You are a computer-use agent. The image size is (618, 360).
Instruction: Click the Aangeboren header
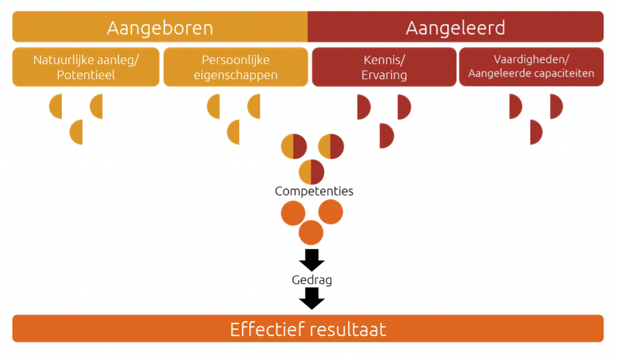pos(160,27)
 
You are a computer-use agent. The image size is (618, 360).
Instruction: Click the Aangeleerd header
pos(455,27)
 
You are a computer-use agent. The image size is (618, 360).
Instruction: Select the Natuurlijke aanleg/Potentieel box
pos(85,67)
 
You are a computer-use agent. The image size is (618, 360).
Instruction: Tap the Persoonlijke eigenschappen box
pos(235,67)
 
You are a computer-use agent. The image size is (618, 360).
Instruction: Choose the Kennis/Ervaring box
pos(384,67)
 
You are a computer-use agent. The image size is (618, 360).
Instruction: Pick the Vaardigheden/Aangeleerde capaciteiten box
pos(531,67)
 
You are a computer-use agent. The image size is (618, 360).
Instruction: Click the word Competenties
pos(314,192)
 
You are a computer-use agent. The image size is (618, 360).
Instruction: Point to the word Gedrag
pos(312,280)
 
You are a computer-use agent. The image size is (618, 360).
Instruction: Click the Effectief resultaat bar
pos(308,329)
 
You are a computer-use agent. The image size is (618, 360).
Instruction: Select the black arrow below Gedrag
pos(312,298)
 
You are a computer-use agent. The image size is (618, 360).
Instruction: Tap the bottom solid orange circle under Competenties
pos(311,233)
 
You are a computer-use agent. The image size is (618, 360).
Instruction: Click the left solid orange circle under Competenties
pos(293,213)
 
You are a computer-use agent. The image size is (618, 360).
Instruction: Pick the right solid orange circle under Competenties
pos(331,213)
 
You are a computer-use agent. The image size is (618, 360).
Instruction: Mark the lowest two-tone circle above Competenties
pos(311,172)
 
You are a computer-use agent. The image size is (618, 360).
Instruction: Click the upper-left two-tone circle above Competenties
pos(293,146)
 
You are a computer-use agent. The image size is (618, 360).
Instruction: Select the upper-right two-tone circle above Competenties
pos(331,146)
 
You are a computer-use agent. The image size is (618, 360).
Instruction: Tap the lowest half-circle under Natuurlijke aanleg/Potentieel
pos(78,132)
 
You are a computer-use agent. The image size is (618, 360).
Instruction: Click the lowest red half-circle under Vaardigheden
pos(535,132)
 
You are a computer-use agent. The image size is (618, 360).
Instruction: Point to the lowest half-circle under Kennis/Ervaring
pos(386,136)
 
